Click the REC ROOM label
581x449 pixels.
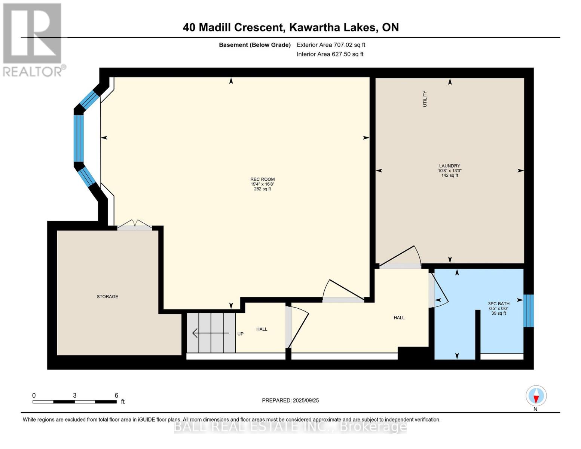click(262, 179)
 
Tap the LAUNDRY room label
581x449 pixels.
click(449, 166)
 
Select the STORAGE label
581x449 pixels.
click(107, 297)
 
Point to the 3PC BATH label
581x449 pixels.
click(499, 303)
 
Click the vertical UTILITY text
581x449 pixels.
click(425, 99)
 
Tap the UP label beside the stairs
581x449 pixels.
click(240, 334)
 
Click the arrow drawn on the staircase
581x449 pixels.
click(211, 333)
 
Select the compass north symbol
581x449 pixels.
click(536, 396)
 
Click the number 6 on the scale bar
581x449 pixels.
click(116, 395)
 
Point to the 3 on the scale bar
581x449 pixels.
click(74, 395)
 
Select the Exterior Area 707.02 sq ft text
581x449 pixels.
click(331, 45)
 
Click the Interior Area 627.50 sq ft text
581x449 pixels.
click(330, 54)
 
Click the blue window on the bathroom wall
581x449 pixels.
click(528, 311)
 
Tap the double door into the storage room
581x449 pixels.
click(134, 226)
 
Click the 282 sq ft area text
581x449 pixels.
click(262, 189)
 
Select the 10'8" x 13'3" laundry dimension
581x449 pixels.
click(449, 171)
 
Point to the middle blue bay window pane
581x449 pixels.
click(79, 138)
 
